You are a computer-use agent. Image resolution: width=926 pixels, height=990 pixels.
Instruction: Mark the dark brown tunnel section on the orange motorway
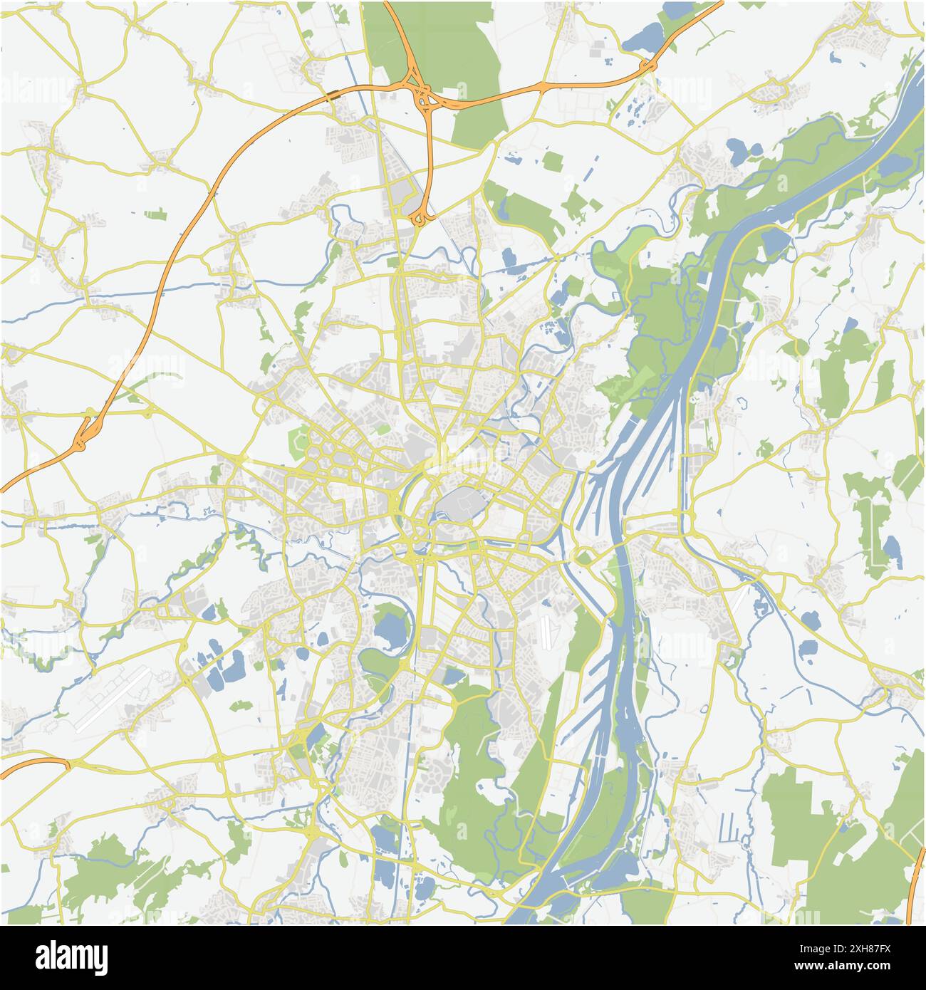point(333,94)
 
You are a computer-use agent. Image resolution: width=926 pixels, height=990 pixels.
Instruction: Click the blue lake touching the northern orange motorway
point(643,36)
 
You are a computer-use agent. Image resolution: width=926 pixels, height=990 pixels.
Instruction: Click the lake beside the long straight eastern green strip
point(891,549)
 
